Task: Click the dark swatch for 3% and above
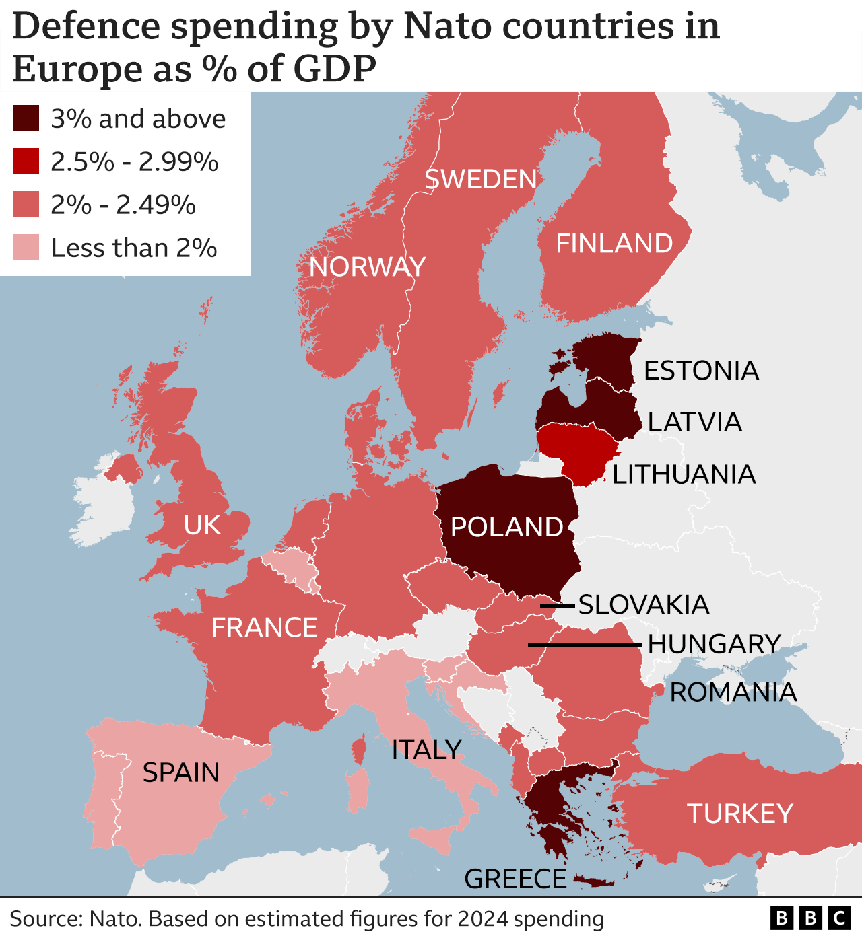pos(26,118)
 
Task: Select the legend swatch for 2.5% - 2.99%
pos(26,161)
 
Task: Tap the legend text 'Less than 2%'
pos(133,248)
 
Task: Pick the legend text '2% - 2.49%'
pos(123,205)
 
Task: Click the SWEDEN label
pos(480,180)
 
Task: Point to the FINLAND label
pos(614,244)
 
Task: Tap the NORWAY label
pos(367,267)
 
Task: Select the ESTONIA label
pos(701,371)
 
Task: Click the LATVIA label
pos(694,423)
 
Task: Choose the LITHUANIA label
pos(684,475)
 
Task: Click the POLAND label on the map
pos(506,527)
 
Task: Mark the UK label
pos(202,526)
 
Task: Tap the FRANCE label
pos(264,628)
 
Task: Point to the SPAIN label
pos(180,772)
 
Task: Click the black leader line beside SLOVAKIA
pos(558,606)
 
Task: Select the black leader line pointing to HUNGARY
pos(585,645)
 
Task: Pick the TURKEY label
pos(739,814)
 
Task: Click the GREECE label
pos(515,879)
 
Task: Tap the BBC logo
pos(810,918)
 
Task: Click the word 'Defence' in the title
pos(86,27)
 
